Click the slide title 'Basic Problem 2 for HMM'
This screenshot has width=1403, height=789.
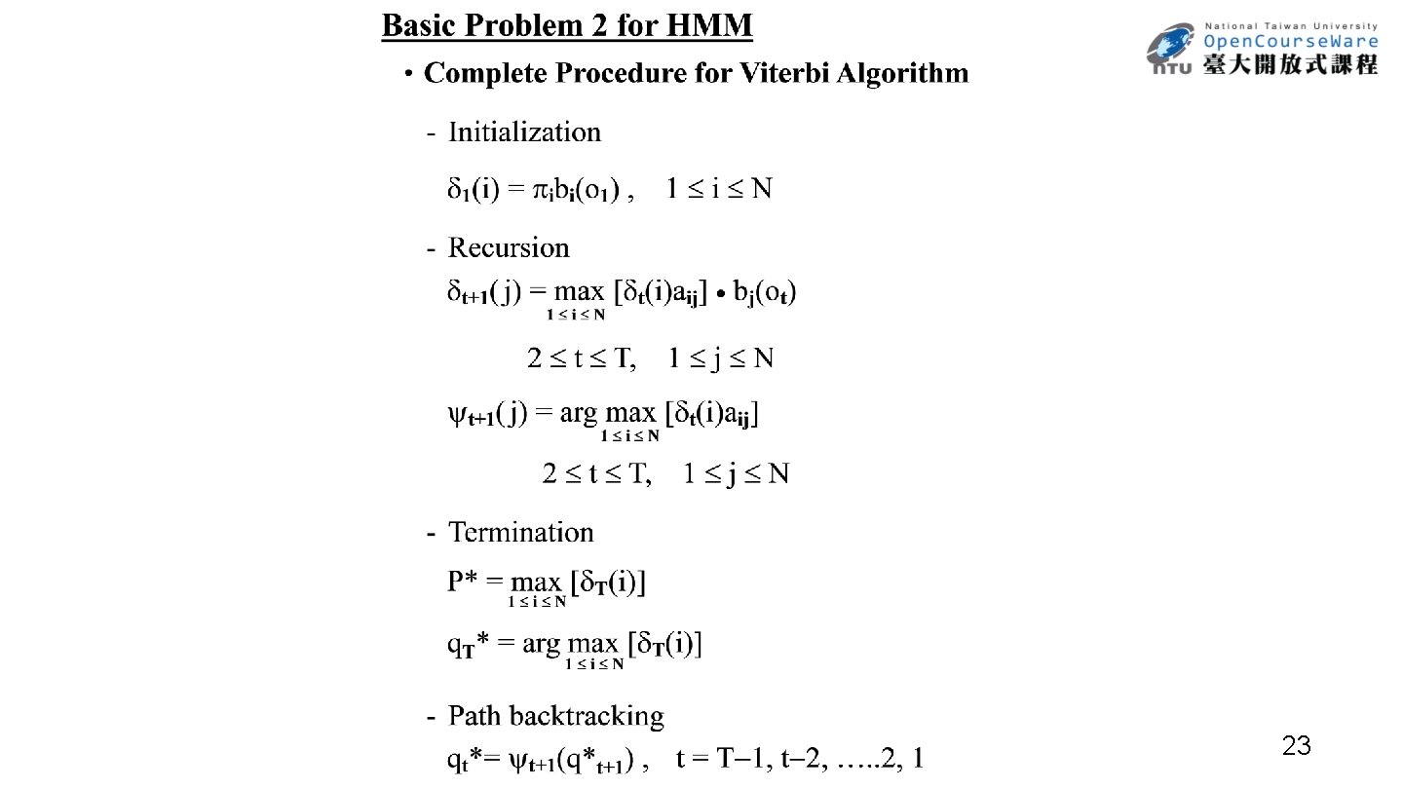tap(566, 25)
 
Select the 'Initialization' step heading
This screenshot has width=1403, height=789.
tap(524, 131)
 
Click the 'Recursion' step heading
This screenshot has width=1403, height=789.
tap(509, 247)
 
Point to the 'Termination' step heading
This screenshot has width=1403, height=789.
tap(520, 532)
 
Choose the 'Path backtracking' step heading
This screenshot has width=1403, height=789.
tap(555, 716)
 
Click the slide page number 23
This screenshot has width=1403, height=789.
tap(1296, 747)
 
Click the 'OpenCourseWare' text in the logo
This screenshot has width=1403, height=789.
tap(1291, 41)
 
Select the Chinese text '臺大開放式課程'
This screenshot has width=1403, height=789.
tap(1291, 64)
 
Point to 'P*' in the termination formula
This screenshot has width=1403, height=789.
tap(461, 582)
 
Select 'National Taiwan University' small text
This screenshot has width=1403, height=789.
tap(1291, 26)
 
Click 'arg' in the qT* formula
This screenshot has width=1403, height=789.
tap(542, 644)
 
